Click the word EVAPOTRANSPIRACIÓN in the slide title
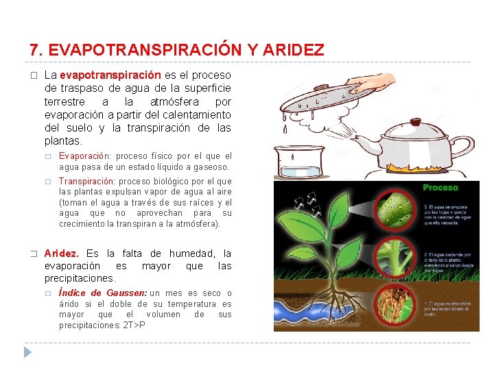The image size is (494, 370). click(145, 50)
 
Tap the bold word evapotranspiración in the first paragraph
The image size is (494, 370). click(110, 75)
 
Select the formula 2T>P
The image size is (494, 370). click(134, 324)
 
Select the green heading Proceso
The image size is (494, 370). click(440, 188)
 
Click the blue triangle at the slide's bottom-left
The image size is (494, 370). click(27, 352)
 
